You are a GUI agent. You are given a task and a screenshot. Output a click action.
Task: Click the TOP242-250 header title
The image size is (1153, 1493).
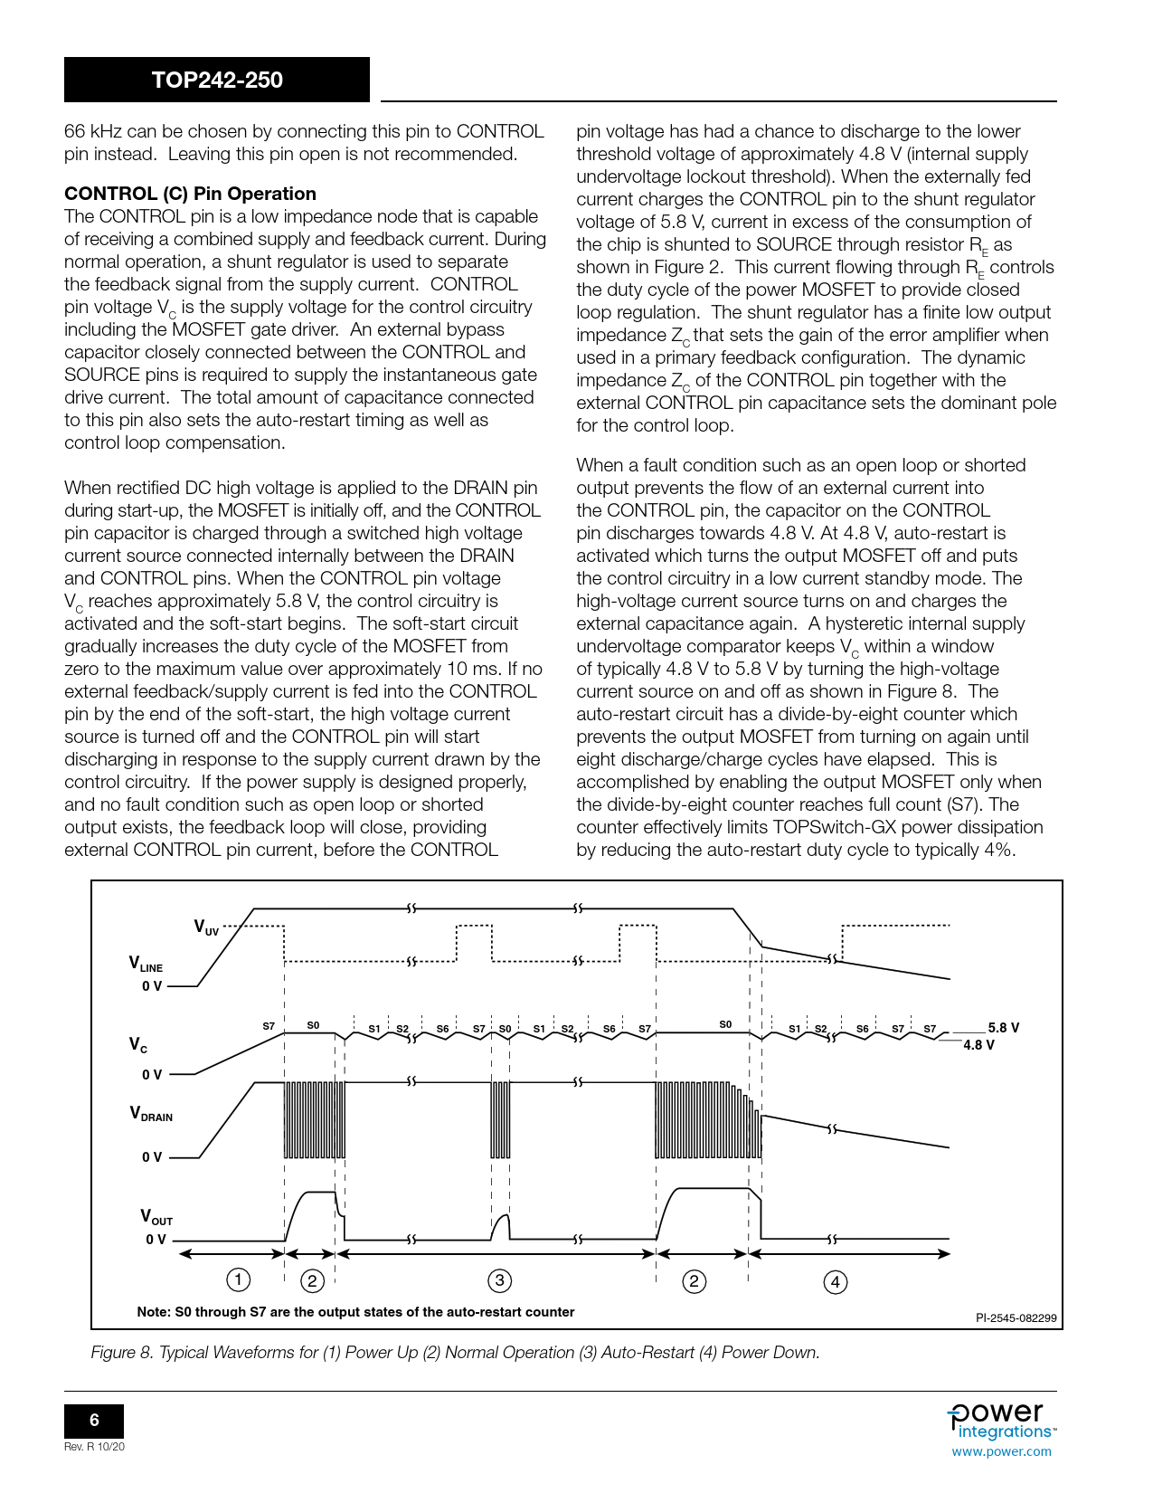217,80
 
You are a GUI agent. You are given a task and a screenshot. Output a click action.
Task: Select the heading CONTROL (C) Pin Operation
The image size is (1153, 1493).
190,194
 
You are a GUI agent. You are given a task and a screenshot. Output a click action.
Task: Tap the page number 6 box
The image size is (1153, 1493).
94,1420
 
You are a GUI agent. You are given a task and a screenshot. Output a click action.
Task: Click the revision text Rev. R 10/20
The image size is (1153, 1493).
94,1447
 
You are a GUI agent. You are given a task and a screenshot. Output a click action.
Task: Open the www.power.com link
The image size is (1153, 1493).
1001,1451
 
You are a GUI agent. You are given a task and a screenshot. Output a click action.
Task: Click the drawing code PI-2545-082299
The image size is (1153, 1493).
1016,1317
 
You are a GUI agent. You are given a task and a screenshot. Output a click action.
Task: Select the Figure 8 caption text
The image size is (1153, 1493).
455,1352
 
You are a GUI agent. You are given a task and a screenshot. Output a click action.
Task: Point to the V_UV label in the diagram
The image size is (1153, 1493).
206,927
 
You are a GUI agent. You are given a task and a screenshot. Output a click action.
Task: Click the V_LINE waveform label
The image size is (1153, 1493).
145,965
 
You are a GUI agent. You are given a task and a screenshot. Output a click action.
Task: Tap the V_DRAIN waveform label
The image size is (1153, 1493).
150,1114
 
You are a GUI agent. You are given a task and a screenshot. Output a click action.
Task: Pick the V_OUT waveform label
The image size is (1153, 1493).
156,1217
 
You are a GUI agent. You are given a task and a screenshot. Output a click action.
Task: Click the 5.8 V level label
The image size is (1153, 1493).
1003,1028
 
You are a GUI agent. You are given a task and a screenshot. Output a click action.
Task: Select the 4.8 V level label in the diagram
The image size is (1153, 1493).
978,1045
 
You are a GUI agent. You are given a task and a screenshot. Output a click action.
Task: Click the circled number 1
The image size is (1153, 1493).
238,1279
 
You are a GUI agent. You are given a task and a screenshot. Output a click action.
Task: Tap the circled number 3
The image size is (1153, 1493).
499,1280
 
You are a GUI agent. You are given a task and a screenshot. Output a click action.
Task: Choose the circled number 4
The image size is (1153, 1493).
836,1281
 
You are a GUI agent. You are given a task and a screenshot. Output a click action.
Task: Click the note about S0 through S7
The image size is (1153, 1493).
355,1312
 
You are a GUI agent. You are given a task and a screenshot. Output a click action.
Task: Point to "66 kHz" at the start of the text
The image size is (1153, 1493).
93,132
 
